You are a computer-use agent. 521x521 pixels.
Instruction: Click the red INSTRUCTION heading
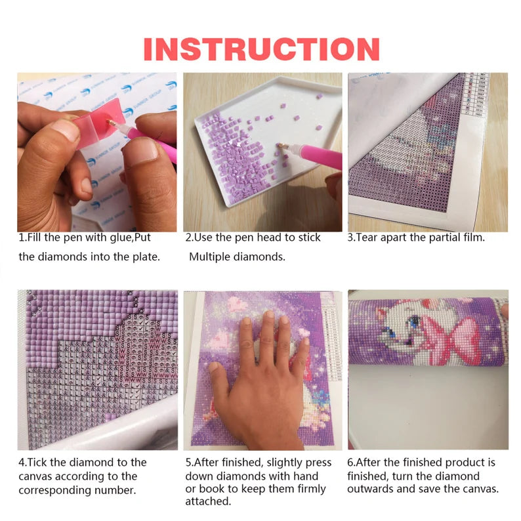tap(262, 49)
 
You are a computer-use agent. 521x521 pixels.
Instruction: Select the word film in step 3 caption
tap(473, 238)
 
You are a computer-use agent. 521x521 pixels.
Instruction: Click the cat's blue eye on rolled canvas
tap(414, 321)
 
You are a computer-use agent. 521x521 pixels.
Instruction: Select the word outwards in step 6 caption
tap(370, 489)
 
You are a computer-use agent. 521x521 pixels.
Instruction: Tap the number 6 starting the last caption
tap(350, 463)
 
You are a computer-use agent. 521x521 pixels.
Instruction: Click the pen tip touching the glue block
tap(110, 123)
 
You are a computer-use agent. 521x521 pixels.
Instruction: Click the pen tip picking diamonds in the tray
tap(280, 145)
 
